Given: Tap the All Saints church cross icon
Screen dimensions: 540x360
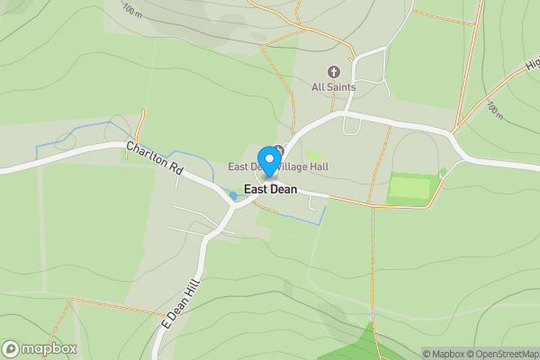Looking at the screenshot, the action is click(334, 72).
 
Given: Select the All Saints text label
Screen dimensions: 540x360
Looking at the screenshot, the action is click(334, 87).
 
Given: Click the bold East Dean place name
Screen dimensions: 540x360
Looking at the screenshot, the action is click(270, 190).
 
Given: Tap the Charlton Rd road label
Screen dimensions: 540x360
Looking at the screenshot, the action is click(155, 158).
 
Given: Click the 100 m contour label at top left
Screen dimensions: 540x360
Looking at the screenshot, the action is click(131, 10).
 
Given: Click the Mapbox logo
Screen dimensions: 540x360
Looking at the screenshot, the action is click(40, 348).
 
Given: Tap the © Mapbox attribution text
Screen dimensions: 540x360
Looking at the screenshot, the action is click(445, 354).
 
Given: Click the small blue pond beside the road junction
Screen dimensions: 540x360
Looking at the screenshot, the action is click(234, 195).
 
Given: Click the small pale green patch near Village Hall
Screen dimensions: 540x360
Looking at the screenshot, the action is click(314, 156).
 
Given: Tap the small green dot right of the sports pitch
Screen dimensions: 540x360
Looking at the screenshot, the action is click(443, 171).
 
